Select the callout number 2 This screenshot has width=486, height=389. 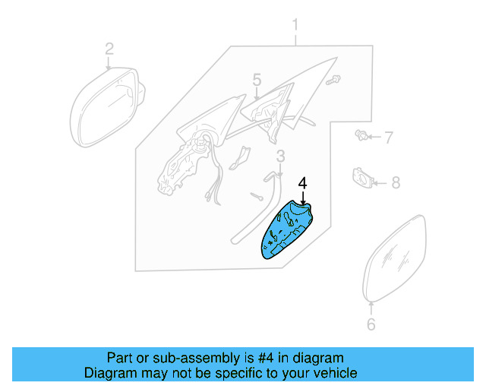tap(109, 49)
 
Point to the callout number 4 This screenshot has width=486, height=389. tap(302, 183)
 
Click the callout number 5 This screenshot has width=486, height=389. tap(257, 79)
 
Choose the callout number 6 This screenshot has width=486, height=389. tap(371, 324)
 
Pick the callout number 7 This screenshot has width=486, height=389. tap(388, 138)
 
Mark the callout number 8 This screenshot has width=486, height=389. tap(395, 182)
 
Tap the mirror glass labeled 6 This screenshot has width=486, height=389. tap(396, 258)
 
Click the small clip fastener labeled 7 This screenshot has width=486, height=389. tap(362, 137)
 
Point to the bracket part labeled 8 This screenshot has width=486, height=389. tap(362, 179)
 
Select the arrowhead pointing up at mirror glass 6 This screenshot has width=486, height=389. tap(371, 305)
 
